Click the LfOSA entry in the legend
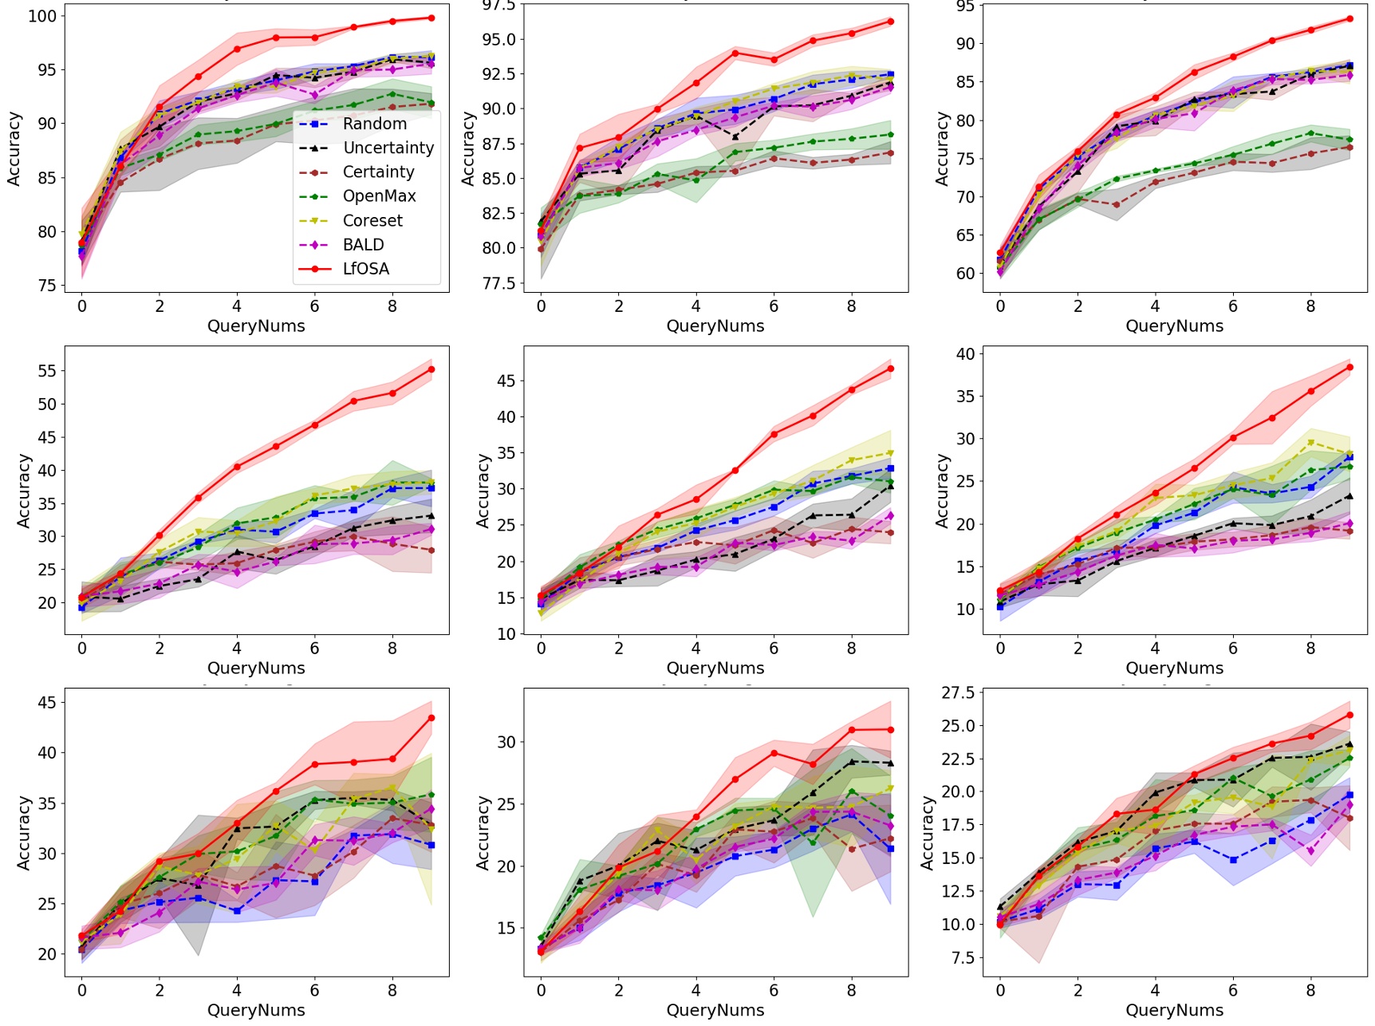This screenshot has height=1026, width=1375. point(365,269)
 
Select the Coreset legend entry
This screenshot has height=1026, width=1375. point(372,220)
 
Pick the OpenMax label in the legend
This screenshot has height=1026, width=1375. point(379,196)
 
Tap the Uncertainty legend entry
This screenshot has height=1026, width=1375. point(388,148)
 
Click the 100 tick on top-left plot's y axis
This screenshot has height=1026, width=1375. point(42,16)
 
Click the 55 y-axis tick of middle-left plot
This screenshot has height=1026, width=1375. point(47,370)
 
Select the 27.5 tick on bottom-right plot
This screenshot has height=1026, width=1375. point(958,693)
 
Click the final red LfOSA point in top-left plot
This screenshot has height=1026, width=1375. point(431,18)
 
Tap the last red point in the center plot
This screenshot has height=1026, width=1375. point(891,369)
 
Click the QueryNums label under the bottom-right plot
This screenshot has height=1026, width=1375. point(1174,1010)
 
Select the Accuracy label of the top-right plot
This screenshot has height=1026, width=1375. point(942,148)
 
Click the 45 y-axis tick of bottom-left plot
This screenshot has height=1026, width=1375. point(47,703)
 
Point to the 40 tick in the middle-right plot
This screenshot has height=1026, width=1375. point(966,353)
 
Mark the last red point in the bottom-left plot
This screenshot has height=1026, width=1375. point(431,717)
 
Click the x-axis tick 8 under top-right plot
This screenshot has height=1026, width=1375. point(1310,306)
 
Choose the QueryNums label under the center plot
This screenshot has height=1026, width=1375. point(715,668)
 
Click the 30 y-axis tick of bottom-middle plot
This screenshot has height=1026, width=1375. point(506,742)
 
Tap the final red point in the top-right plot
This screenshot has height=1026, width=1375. point(1349,18)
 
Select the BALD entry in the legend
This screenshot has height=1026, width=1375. point(363,245)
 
